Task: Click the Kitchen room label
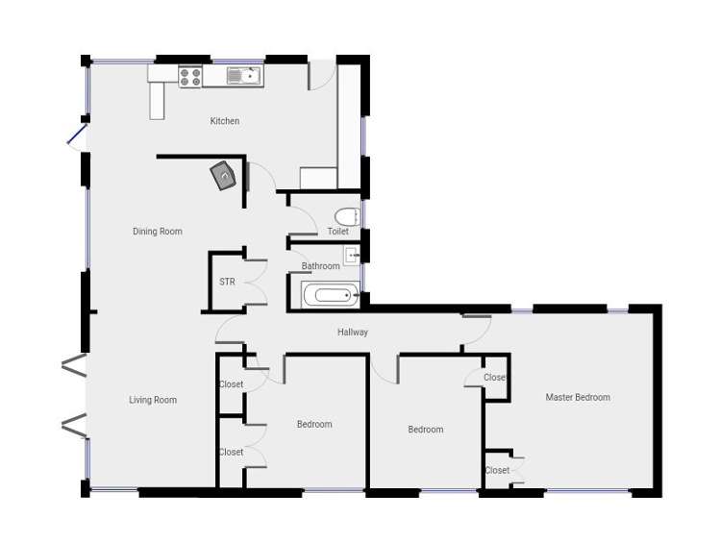tap(224, 121)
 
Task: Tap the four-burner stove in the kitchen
tap(189, 77)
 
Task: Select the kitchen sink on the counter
tap(243, 75)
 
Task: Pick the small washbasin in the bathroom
tap(352, 256)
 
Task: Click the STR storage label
tap(227, 282)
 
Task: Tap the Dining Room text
tap(157, 232)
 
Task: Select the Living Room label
tap(153, 400)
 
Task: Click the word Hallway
tap(353, 333)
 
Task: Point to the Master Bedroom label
tap(578, 397)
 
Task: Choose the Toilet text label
tap(337, 232)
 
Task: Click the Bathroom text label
tap(320, 266)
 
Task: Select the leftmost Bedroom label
tap(313, 424)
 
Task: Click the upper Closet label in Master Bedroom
tap(495, 378)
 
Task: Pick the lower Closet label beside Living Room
tap(231, 452)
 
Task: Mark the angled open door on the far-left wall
tap(77, 136)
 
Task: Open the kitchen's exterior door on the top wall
tap(321, 75)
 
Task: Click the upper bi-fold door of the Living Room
tap(74, 365)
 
